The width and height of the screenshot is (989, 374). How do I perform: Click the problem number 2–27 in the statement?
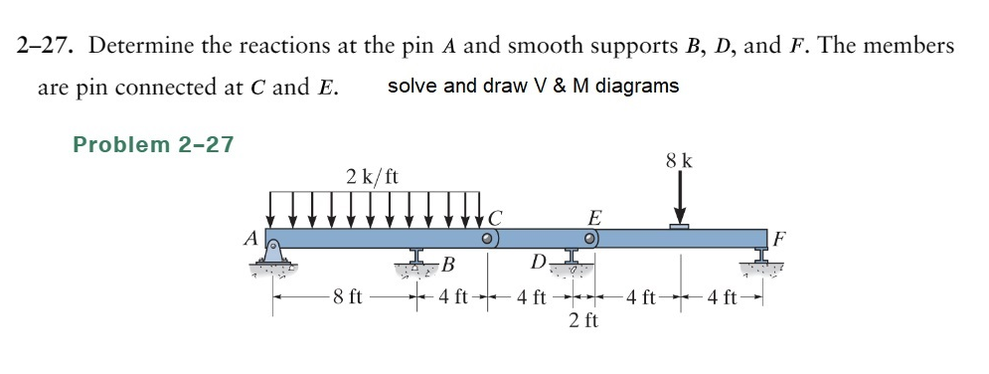[48, 46]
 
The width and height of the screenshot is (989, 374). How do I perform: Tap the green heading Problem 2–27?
[154, 144]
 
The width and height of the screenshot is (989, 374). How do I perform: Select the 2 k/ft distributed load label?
[373, 178]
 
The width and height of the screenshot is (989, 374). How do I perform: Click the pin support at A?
[274, 261]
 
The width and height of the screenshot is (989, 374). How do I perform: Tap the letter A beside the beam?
[250, 238]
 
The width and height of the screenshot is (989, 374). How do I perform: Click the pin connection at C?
[488, 240]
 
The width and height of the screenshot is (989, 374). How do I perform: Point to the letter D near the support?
[538, 264]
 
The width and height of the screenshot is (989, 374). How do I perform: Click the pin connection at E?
[591, 240]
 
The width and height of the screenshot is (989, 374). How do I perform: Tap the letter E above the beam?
[594, 217]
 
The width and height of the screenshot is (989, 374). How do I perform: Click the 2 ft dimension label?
[583, 319]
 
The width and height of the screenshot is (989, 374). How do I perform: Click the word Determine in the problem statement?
[140, 46]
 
